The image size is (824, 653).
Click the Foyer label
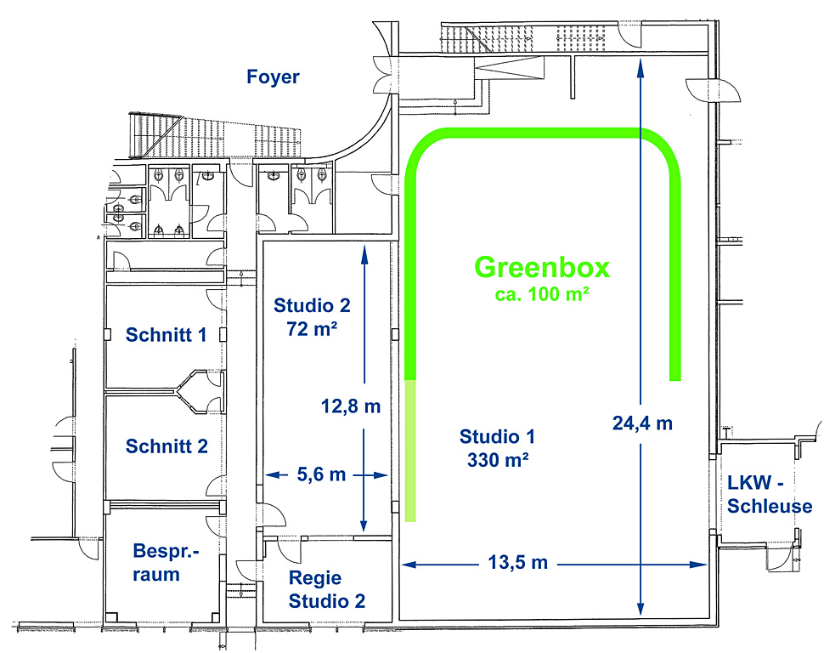(273, 77)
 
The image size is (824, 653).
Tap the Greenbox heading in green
(542, 267)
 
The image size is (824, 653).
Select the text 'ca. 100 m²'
(542, 294)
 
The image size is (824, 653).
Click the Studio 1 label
(497, 437)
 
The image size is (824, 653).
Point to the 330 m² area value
(498, 460)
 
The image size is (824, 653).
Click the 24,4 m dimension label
(642, 423)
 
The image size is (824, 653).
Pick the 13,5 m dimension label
(518, 563)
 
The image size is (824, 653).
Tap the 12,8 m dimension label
(351, 406)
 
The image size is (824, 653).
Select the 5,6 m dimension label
(322, 474)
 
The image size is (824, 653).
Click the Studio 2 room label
(312, 305)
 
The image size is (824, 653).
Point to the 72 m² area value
(312, 329)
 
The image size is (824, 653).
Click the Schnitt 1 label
(166, 335)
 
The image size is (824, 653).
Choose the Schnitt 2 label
(166, 446)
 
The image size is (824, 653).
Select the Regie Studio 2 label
(327, 589)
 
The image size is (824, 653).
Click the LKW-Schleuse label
(770, 495)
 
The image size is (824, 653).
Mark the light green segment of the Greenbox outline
(410, 451)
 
